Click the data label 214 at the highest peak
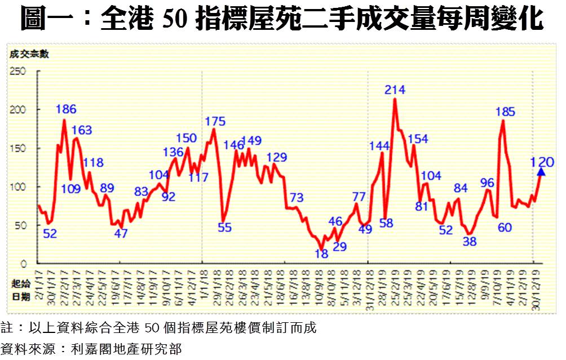tap(395, 89)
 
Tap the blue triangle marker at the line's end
tap(541, 172)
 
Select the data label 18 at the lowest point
tap(321, 254)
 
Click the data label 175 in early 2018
tap(215, 121)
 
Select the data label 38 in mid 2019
tap(470, 242)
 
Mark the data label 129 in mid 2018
tap(276, 157)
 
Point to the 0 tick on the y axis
tap(24, 263)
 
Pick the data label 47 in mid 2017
tap(121, 233)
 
